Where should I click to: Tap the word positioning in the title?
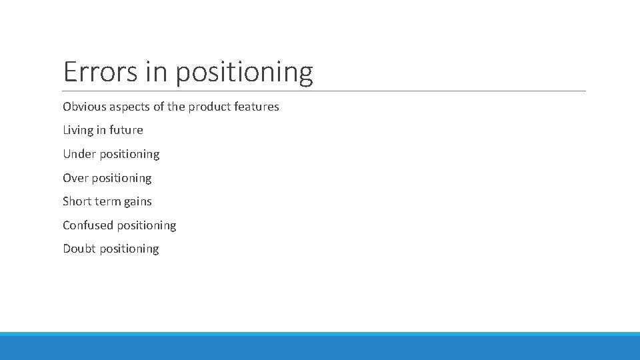click(244, 73)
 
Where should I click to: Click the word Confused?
click(88, 225)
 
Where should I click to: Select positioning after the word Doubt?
click(129, 249)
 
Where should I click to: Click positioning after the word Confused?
click(147, 226)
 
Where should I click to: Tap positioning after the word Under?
click(129, 155)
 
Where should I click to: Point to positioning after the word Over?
click(121, 179)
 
